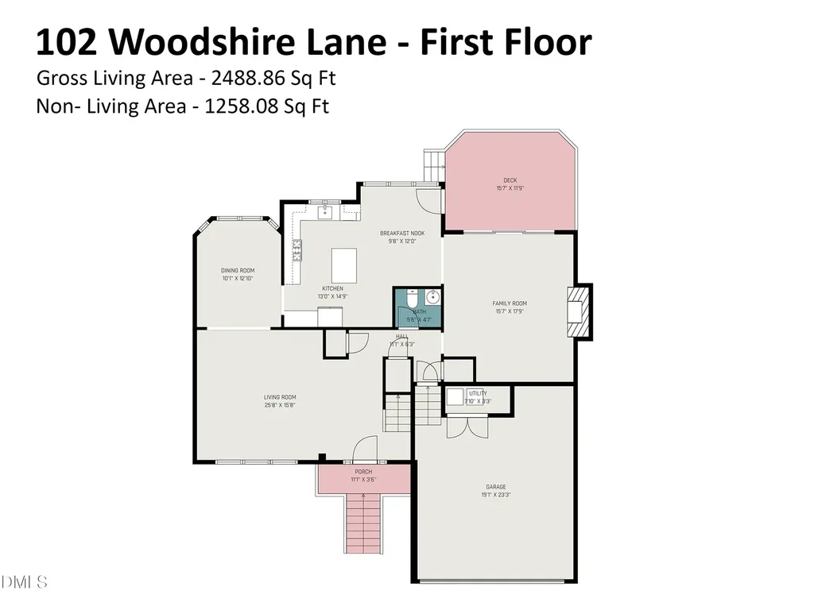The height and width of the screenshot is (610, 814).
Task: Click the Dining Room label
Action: click(238, 270)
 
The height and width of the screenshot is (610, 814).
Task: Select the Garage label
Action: click(496, 487)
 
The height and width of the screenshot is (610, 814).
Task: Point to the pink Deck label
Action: click(510, 180)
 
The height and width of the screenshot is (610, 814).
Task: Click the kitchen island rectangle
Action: click(343, 261)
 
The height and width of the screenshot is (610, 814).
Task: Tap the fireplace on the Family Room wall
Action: click(578, 311)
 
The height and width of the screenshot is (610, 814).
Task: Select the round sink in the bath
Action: click(432, 298)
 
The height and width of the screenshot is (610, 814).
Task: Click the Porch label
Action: click(362, 472)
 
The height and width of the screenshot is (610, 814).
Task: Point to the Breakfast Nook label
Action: click(402, 233)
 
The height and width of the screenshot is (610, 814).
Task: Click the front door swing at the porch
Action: click(364, 450)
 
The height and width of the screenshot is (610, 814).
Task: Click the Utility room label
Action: click(478, 393)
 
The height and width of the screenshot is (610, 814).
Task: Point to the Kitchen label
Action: click(332, 288)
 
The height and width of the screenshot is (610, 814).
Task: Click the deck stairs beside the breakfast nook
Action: click(433, 165)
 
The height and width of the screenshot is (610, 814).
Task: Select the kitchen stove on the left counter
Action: click(297, 250)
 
